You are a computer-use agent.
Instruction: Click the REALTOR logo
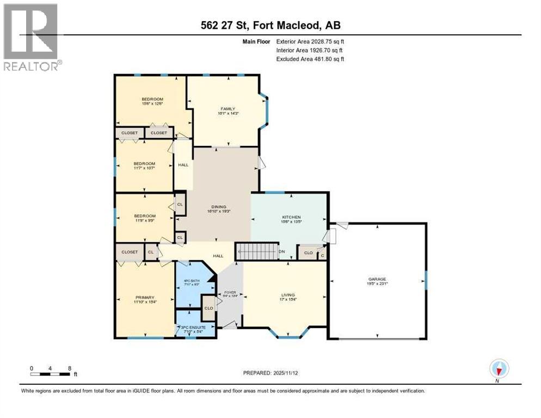pos(31,36)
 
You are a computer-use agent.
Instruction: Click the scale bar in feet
pos(51,374)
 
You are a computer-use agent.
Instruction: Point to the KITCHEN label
pos(291,217)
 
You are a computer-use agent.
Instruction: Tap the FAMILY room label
pos(220,109)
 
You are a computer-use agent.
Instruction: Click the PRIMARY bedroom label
pos(144,297)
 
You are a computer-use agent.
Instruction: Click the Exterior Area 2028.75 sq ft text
pos(311,41)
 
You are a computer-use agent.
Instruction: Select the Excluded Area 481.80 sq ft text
pos(311,59)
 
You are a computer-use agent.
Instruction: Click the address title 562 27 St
pos(270,25)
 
